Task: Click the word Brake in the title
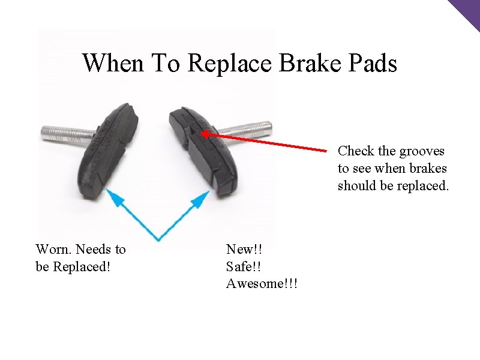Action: pos(308,62)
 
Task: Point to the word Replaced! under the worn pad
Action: pos(82,266)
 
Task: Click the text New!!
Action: pos(245,249)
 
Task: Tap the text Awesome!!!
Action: pos(262,283)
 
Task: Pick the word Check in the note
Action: pos(356,151)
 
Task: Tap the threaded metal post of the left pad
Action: pos(66,133)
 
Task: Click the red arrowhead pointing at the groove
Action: pos(205,133)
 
